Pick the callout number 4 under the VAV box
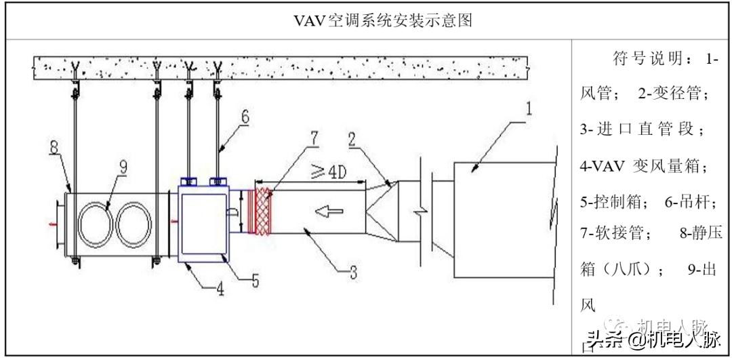click(x=220, y=290)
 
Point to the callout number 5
click(x=255, y=280)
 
